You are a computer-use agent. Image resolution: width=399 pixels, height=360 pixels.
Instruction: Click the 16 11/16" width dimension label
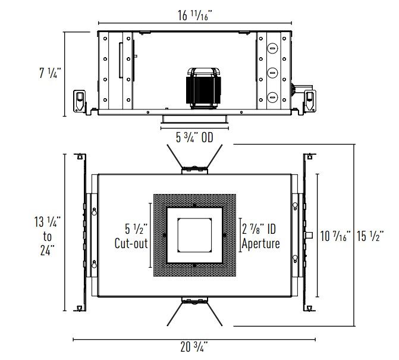pyautogui.click(x=194, y=15)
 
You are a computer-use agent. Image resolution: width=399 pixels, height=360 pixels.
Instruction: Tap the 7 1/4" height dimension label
pyautogui.click(x=50, y=73)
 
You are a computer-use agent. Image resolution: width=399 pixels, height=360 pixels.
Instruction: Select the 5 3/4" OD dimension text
pyautogui.click(x=194, y=137)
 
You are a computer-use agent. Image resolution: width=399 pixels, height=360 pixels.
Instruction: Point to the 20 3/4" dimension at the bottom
pyautogui.click(x=194, y=346)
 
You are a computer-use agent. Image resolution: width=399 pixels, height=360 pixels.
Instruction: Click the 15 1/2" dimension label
pyautogui.click(x=370, y=236)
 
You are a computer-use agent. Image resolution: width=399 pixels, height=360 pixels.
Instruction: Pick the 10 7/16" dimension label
pyautogui.click(x=335, y=236)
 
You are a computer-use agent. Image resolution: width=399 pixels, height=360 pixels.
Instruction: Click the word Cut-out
pyautogui.click(x=131, y=243)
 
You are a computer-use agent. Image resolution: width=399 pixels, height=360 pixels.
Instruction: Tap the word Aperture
pyautogui.click(x=260, y=243)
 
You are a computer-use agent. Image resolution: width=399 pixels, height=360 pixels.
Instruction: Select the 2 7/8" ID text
pyautogui.click(x=259, y=229)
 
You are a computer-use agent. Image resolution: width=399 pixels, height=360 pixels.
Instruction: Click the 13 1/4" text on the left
pyautogui.click(x=48, y=221)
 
